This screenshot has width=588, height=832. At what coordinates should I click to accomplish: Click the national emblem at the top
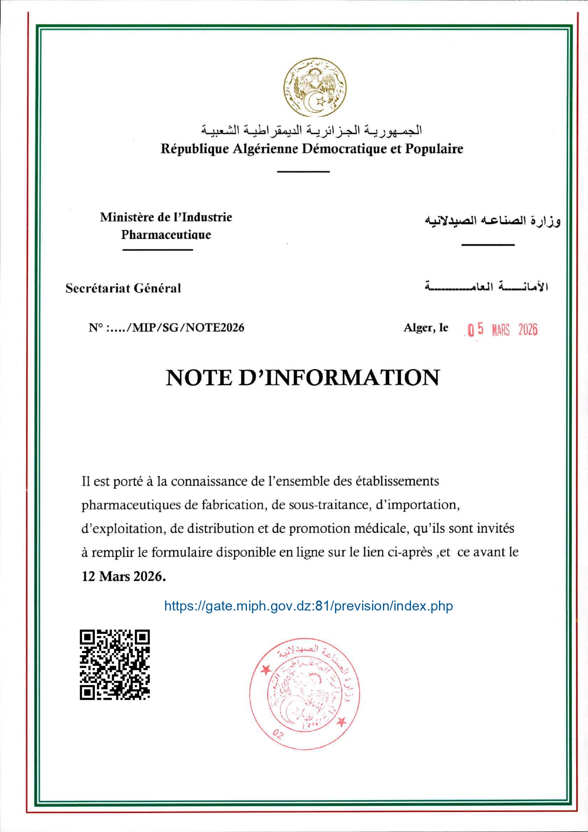pyautogui.click(x=315, y=88)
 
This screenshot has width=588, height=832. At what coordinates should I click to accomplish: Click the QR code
pyautogui.click(x=115, y=664)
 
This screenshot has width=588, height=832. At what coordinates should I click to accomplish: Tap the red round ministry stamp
pyautogui.click(x=305, y=693)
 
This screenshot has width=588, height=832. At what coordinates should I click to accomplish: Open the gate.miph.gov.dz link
pyautogui.click(x=308, y=606)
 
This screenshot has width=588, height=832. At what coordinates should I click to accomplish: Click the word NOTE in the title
pyautogui.click(x=199, y=378)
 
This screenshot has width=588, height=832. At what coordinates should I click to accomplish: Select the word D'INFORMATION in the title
pyautogui.click(x=339, y=378)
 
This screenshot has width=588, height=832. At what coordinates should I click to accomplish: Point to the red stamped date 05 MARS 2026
pyautogui.click(x=502, y=329)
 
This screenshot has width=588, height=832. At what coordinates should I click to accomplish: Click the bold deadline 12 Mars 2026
pyautogui.click(x=124, y=576)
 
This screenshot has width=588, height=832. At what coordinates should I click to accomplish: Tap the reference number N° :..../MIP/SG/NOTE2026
pyautogui.click(x=167, y=328)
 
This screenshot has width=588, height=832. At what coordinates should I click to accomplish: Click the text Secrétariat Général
pyautogui.click(x=123, y=288)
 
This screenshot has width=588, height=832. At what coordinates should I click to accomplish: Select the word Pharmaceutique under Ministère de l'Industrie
pyautogui.click(x=166, y=234)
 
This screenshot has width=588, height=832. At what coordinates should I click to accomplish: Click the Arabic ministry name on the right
pyautogui.click(x=493, y=221)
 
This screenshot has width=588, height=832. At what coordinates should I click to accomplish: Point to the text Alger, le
pyautogui.click(x=426, y=328)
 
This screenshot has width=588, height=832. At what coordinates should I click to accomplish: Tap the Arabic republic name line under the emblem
pyautogui.click(x=311, y=129)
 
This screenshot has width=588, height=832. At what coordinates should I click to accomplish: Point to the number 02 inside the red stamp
pyautogui.click(x=279, y=734)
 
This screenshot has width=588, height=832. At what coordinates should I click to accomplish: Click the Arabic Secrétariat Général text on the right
pyautogui.click(x=486, y=287)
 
